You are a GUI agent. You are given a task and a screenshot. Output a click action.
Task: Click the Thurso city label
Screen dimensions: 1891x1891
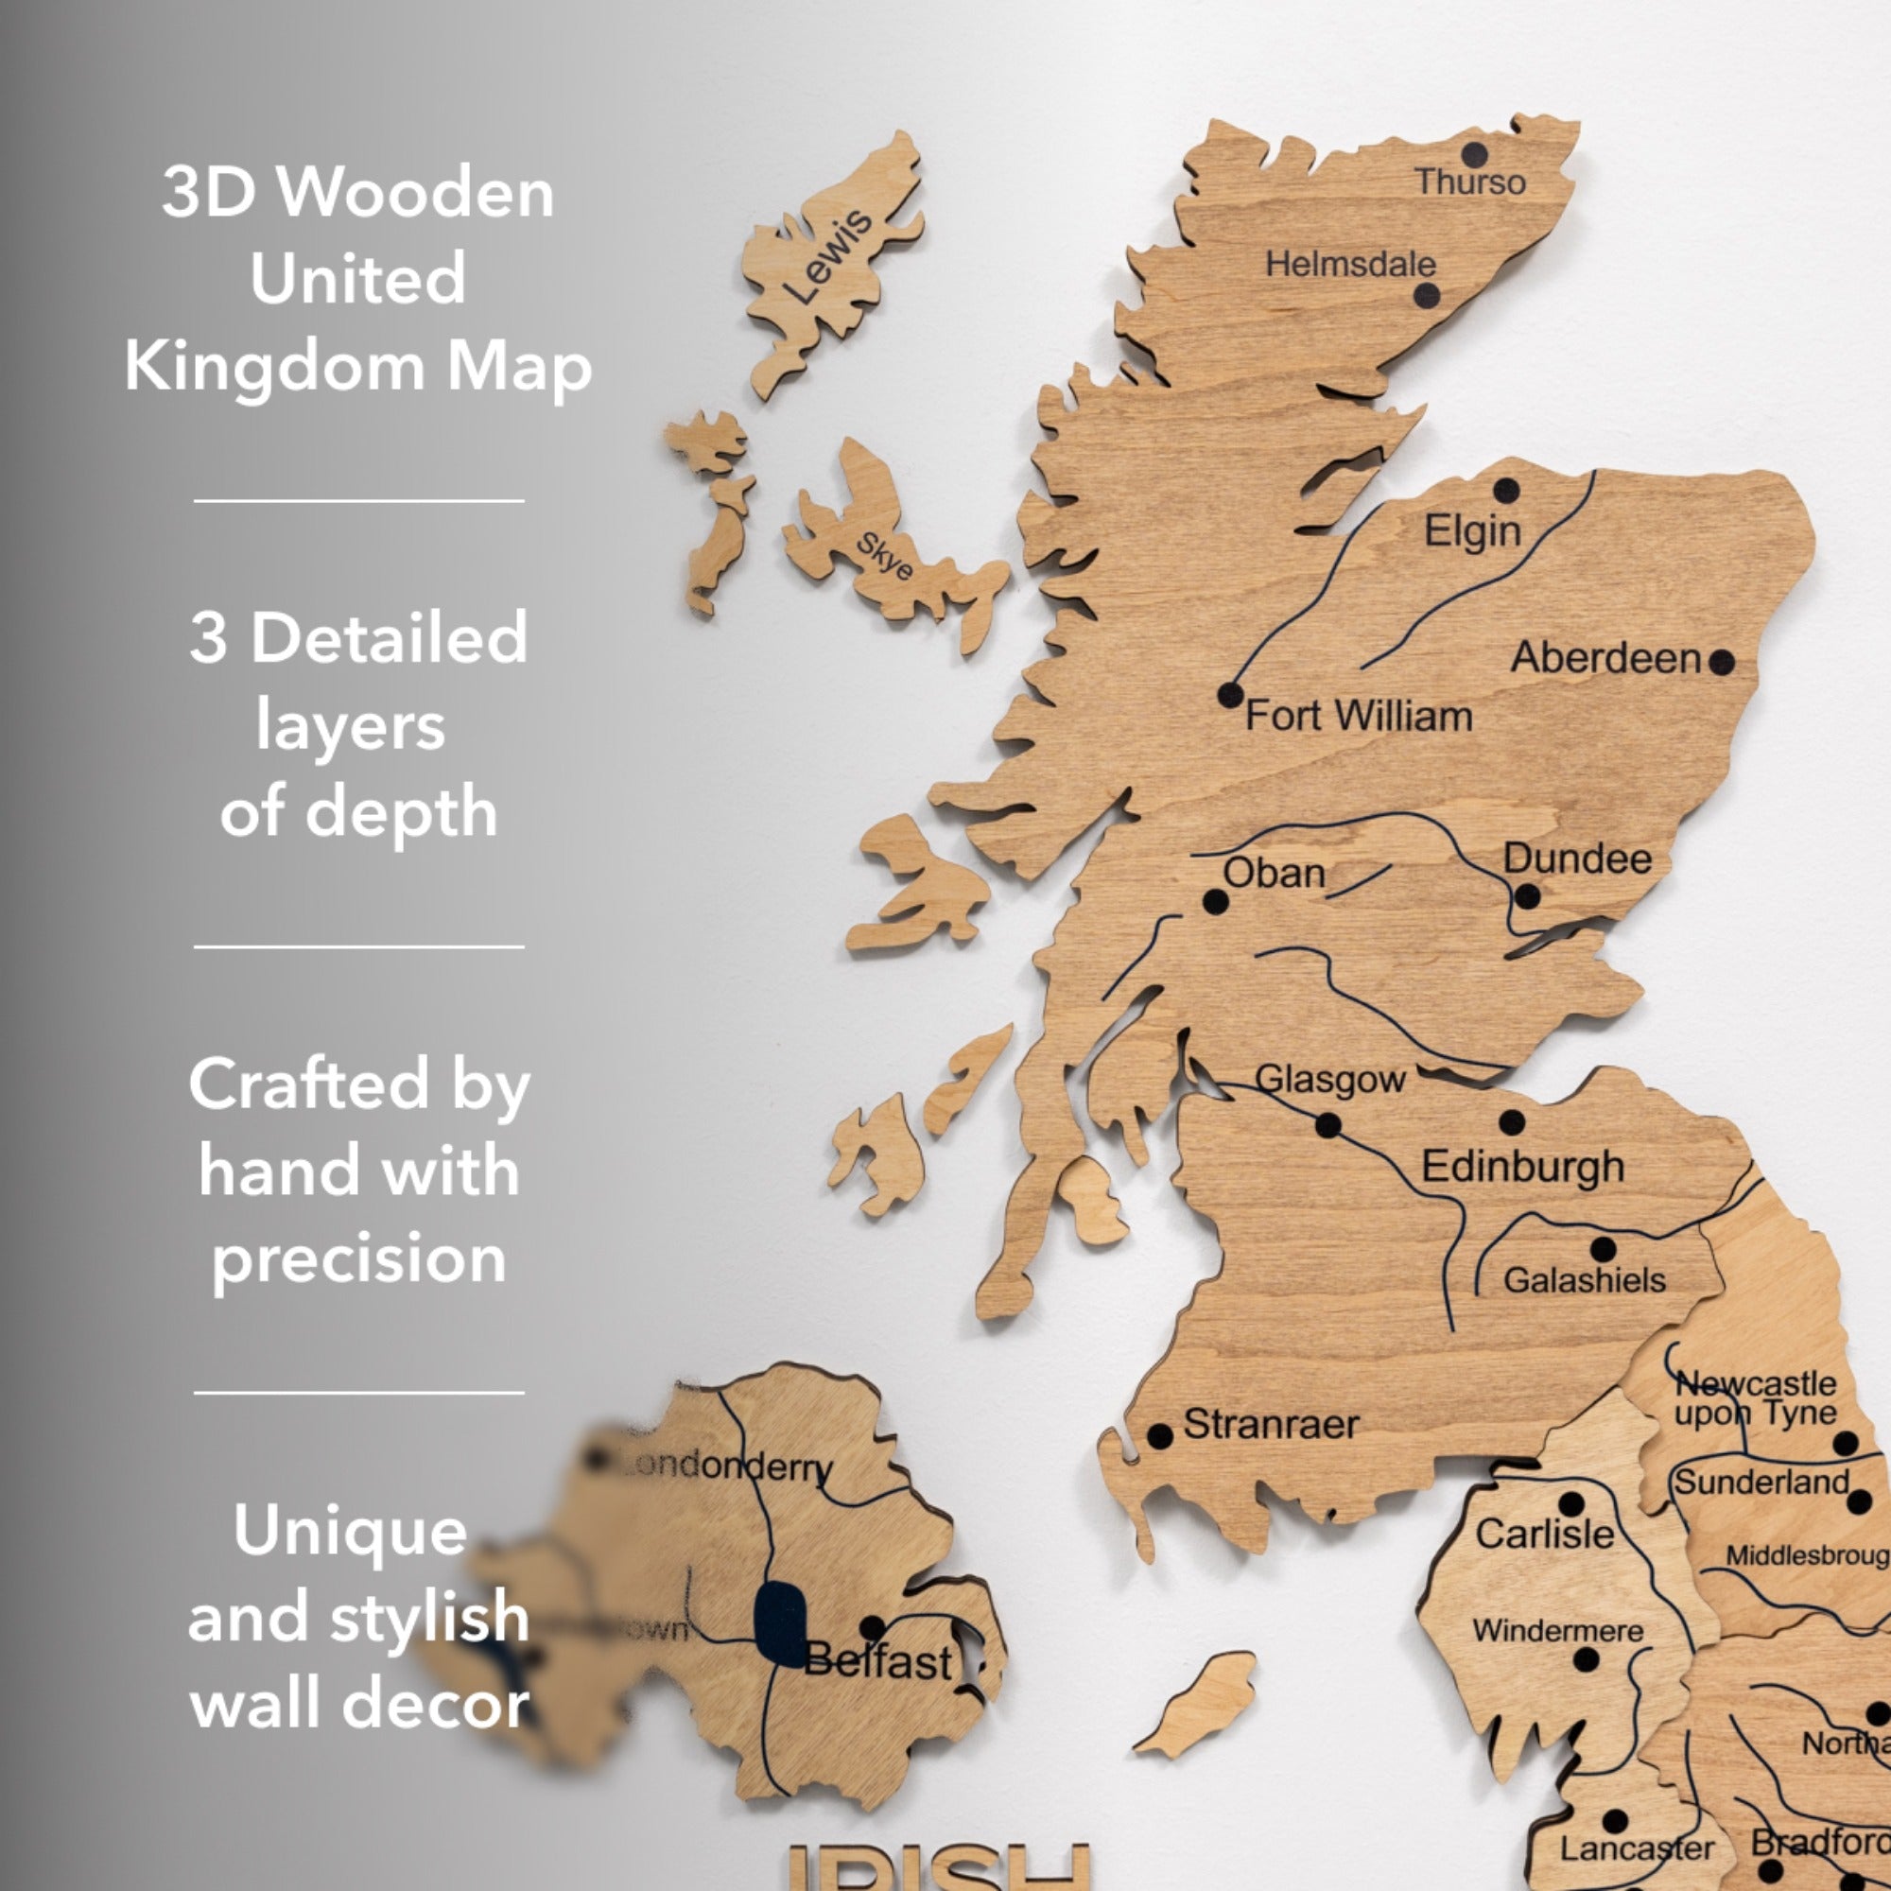[1470, 182]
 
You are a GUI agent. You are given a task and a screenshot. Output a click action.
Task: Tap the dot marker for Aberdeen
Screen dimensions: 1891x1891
[1722, 663]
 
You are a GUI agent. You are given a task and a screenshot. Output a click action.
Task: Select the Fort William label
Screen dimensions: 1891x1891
[1359, 716]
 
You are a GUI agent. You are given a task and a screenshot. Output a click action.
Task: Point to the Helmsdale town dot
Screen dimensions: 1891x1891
[1427, 295]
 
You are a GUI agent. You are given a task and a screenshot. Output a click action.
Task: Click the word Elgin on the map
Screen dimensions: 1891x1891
[1472, 530]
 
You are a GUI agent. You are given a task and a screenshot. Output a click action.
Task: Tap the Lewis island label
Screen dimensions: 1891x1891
[828, 256]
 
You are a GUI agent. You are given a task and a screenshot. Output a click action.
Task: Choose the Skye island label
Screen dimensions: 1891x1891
[885, 556]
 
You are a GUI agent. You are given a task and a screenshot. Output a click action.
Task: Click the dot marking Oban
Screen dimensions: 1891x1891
[1216, 901]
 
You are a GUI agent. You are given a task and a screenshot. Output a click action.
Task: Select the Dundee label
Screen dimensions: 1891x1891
[1577, 859]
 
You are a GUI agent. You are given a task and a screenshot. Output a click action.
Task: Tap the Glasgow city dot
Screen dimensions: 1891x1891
[1328, 1125]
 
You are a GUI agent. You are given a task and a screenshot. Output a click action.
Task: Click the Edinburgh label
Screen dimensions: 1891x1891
[1522, 1167]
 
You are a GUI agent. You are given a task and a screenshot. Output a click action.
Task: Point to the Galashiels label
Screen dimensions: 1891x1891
[1584, 1279]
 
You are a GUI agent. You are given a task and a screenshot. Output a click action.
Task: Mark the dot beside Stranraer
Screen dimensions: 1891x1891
[1160, 1437]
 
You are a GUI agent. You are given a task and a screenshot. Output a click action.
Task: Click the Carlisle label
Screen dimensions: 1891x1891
[1545, 1534]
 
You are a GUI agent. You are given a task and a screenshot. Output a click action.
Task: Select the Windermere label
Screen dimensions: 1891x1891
[1557, 1631]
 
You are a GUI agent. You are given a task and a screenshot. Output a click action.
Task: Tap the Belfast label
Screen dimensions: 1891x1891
[877, 1661]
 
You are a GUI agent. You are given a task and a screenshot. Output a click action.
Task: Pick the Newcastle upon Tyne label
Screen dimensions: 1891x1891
[1755, 1397]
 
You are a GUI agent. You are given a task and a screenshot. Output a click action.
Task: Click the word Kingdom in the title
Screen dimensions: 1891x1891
[274, 367]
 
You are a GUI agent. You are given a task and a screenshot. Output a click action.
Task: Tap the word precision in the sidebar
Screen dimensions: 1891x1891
[359, 1258]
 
